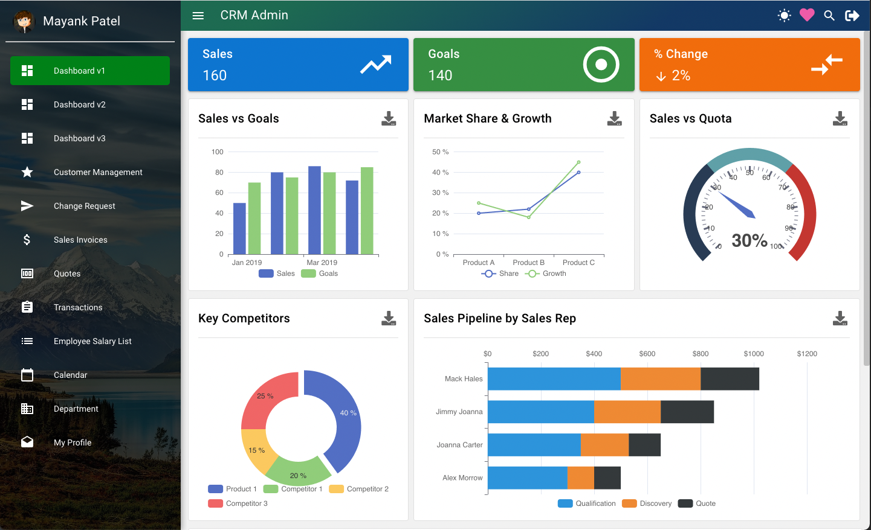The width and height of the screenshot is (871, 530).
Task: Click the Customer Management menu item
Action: [x=98, y=172]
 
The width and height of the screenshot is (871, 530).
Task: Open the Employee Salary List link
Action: [x=92, y=341]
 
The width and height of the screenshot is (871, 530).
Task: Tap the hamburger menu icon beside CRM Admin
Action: [x=198, y=16]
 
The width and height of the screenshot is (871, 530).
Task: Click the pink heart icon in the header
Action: [x=807, y=15]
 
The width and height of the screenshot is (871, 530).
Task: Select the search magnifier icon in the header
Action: [x=829, y=16]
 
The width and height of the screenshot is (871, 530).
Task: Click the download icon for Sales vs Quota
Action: [x=840, y=118]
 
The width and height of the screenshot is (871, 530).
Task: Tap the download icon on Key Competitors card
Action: [x=389, y=318]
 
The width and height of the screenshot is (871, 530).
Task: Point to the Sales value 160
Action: [x=215, y=75]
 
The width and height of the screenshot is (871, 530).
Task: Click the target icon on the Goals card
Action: [x=601, y=65]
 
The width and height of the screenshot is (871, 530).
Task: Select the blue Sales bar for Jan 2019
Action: [x=239, y=228]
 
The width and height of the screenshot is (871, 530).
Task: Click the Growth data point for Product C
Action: [x=578, y=162]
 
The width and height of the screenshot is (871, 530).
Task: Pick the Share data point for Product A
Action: [x=479, y=213]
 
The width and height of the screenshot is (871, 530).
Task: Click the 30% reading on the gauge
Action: [x=750, y=240]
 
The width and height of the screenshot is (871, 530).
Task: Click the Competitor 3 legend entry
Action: [x=246, y=503]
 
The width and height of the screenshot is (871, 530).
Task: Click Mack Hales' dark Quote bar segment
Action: [x=730, y=378]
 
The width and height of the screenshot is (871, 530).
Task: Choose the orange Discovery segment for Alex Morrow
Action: [x=580, y=477]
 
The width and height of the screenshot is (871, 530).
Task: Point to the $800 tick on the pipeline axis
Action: [x=701, y=354]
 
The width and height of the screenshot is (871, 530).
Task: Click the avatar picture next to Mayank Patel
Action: [x=24, y=22]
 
